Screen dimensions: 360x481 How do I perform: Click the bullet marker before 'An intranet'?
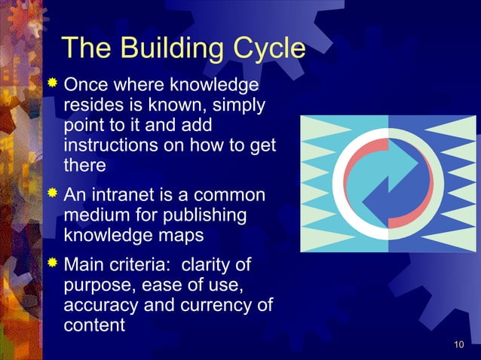[x=52, y=195]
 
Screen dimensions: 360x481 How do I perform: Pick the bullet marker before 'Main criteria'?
[x=52, y=267]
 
